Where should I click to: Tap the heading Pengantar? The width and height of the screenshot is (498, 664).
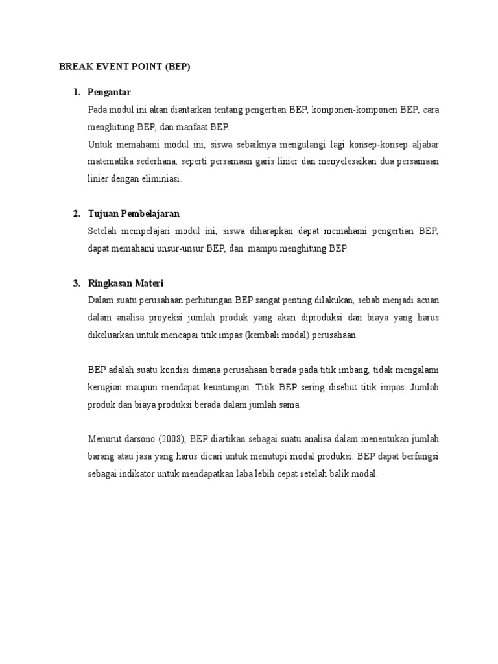coord(109,92)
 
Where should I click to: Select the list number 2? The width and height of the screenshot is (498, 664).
coord(76,213)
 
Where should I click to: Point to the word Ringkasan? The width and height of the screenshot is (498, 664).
coord(110,283)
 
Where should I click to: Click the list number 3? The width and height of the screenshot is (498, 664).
coord(76,283)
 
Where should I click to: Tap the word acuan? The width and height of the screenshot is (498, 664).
coord(425,300)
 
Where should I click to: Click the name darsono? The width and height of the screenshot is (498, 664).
coord(135,439)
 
